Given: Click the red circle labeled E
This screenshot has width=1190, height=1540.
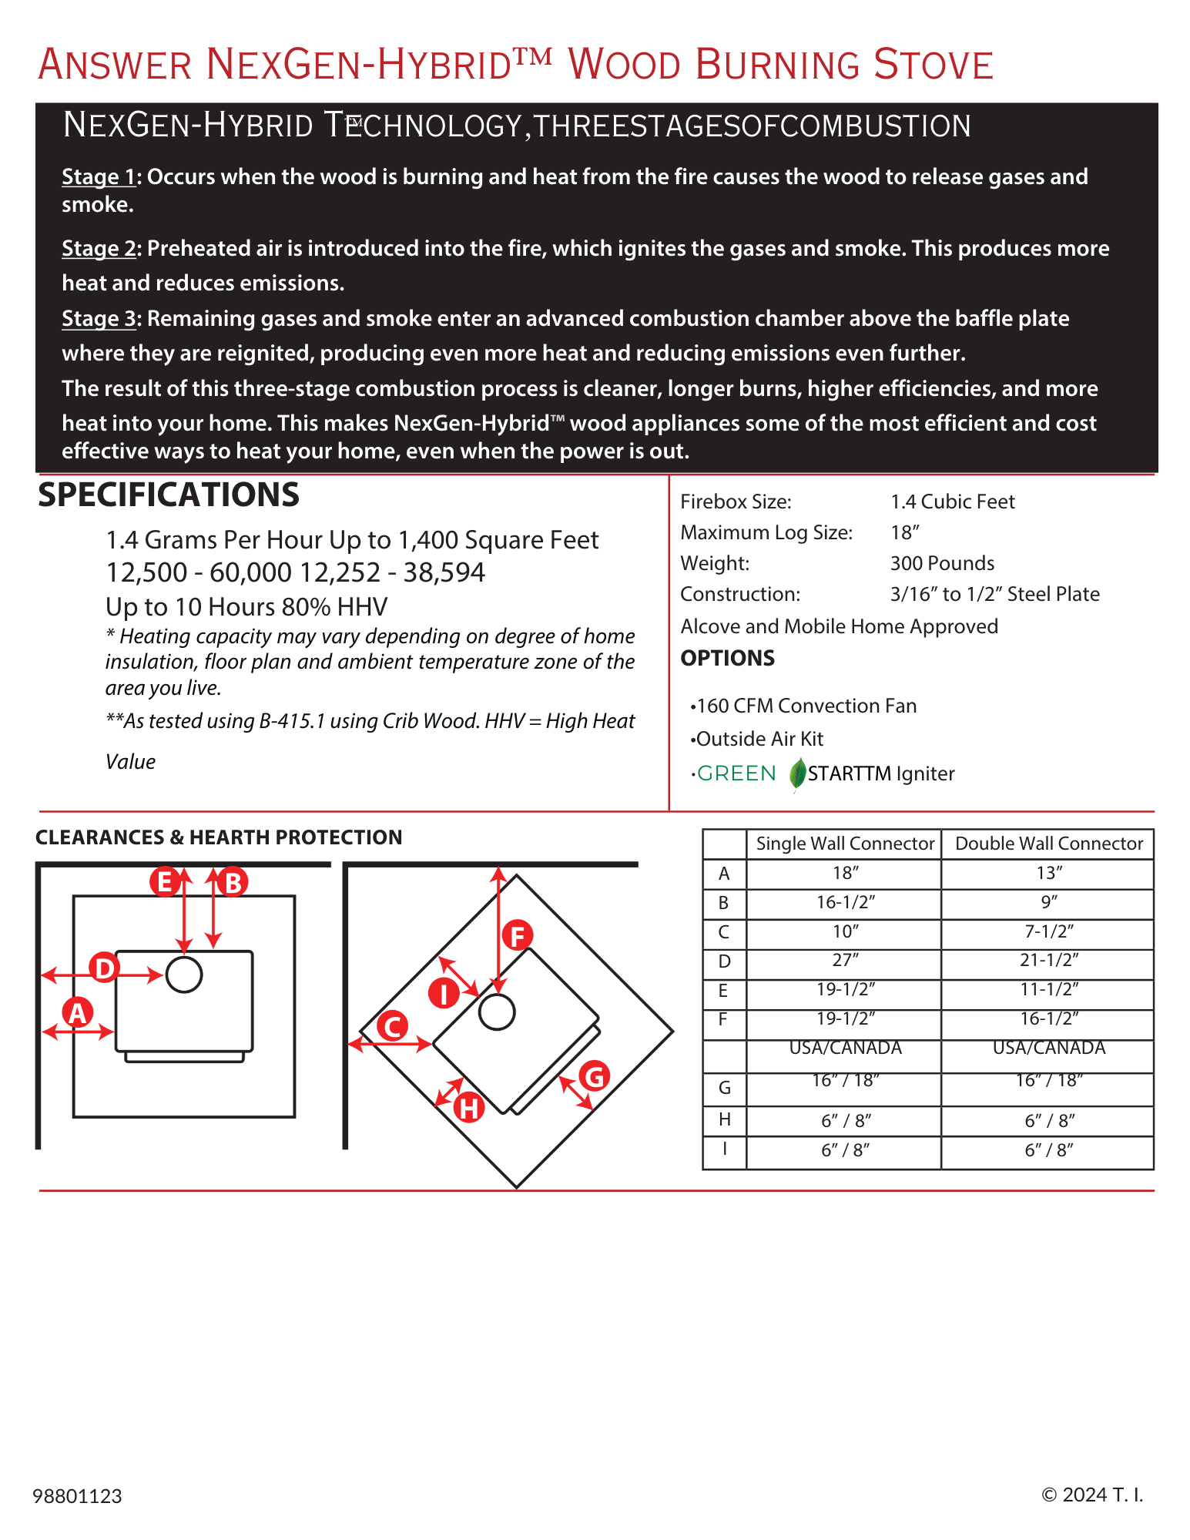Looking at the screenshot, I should (x=164, y=881).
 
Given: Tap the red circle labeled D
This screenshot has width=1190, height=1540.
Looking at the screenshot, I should (x=105, y=968).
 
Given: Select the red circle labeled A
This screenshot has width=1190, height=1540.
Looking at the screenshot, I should (x=78, y=1012).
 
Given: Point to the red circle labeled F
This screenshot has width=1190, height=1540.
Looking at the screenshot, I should (x=518, y=936).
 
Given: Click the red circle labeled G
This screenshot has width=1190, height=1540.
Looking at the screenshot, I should (x=594, y=1076).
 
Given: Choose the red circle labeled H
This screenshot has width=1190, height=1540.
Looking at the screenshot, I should (x=468, y=1109).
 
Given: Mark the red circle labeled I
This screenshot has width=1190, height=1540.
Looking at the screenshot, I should (x=444, y=993).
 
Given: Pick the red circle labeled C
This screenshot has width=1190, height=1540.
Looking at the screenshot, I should (x=392, y=1026).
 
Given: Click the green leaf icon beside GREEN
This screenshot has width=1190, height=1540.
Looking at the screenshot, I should (x=798, y=773).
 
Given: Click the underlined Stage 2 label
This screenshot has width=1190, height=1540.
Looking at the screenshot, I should (x=99, y=248).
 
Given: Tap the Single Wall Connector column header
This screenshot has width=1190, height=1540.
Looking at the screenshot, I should (x=844, y=844).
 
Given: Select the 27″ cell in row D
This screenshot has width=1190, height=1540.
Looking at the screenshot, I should (x=844, y=960).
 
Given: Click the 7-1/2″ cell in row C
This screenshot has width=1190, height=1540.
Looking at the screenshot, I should (x=1048, y=931).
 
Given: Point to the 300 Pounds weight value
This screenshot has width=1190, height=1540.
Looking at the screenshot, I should (x=942, y=563).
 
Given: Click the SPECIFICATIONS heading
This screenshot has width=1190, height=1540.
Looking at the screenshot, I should (x=169, y=495).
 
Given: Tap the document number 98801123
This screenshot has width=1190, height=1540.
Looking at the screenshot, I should (x=77, y=1496).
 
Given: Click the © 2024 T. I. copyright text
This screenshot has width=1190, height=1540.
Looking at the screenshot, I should (x=1092, y=1495).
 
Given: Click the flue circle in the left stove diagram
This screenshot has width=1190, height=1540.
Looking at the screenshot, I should (x=184, y=975).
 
